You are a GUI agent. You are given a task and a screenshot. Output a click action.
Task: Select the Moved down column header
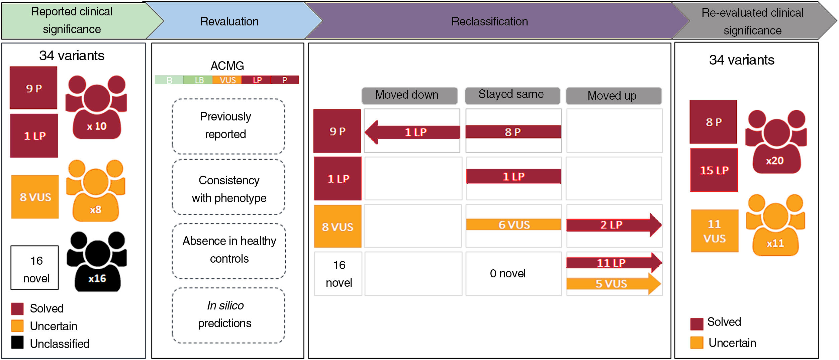point(409,95)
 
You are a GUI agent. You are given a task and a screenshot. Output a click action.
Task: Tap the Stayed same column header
point(512,95)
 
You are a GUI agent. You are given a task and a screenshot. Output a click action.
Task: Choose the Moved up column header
point(613,96)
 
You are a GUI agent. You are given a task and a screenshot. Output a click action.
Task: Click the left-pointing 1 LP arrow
point(412,132)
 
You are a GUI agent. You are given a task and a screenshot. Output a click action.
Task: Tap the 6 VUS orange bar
point(514,224)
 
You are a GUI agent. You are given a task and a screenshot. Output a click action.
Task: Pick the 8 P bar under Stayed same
point(513,132)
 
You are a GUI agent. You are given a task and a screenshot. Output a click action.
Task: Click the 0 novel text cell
point(508,274)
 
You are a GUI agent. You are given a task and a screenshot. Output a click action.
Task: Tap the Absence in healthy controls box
point(229,250)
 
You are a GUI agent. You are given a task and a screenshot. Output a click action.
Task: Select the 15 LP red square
point(714,170)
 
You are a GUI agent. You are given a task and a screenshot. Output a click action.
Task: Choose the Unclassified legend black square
point(17,343)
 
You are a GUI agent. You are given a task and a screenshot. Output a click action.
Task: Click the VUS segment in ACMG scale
point(227,80)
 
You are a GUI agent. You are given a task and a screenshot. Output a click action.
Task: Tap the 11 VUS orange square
point(714,231)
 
